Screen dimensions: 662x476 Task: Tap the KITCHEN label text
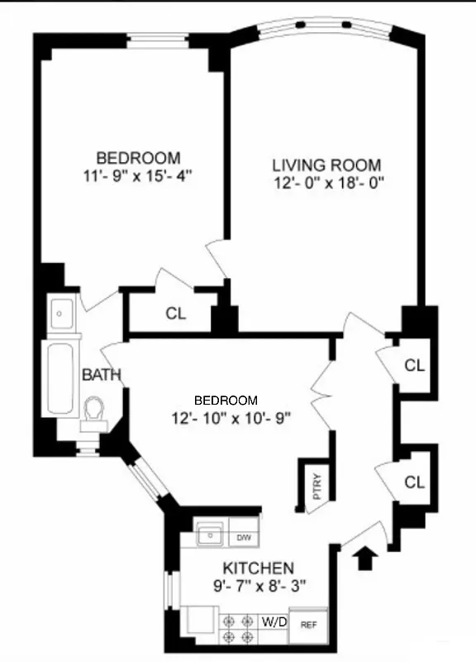click(257, 568)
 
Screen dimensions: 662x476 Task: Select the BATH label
click(102, 376)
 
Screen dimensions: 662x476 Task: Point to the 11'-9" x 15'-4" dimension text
click(139, 175)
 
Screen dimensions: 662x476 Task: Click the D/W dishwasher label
click(244, 538)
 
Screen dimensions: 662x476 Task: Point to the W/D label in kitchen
click(274, 621)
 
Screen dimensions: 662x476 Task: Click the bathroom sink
click(62, 314)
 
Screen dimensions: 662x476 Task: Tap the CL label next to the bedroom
click(175, 314)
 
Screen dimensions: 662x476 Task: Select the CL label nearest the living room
click(414, 365)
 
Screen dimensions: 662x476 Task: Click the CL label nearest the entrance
click(414, 481)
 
